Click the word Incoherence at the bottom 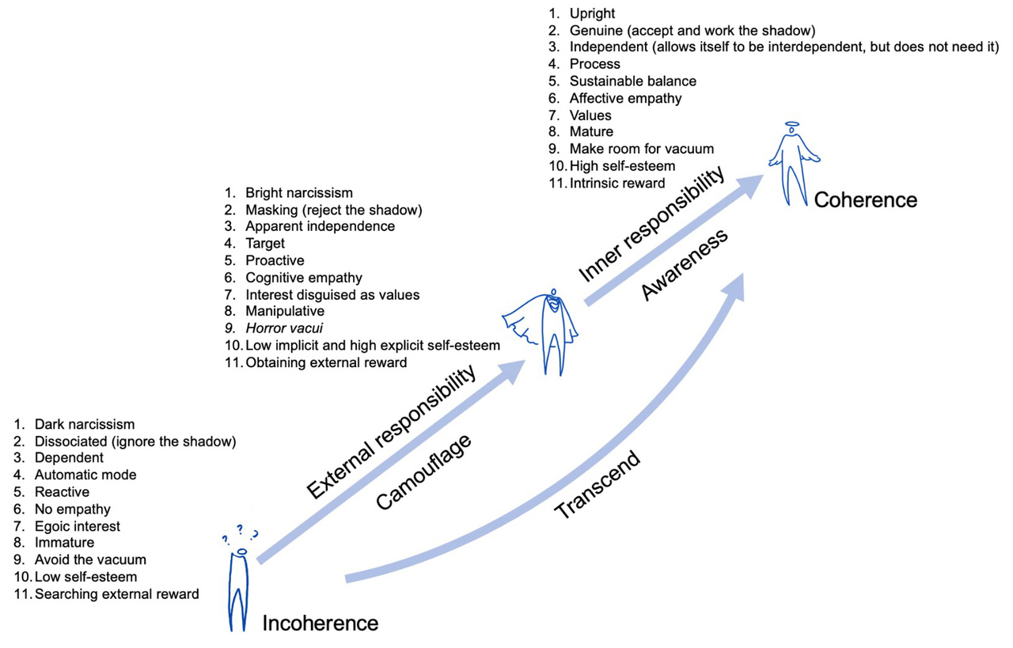click(320, 623)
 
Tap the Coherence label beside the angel click(865, 199)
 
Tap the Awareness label click(684, 265)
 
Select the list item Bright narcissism click(299, 192)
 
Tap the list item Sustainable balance click(632, 81)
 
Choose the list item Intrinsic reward click(617, 183)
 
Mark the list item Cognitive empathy click(304, 278)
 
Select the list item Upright click(592, 13)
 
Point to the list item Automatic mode click(85, 475)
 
